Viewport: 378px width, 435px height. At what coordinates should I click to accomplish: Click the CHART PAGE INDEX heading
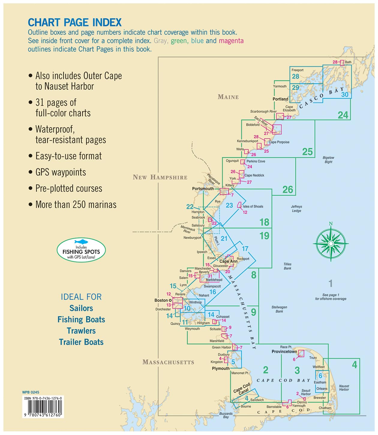coord(75,22)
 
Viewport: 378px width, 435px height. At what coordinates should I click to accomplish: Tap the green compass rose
coord(331,243)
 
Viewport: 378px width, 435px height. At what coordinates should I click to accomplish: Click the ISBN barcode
coord(43,409)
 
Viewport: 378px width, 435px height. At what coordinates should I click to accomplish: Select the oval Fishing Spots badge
coord(81,250)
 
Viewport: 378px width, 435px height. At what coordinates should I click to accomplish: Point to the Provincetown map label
coord(284,351)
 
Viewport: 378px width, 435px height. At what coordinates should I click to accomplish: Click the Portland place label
coord(280,99)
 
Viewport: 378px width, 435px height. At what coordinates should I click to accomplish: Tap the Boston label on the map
coord(161,300)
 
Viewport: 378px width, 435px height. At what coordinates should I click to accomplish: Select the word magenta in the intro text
coord(231,41)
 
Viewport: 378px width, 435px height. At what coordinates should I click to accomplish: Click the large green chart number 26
coord(287,190)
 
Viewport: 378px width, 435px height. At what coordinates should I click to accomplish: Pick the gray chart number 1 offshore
coord(330,283)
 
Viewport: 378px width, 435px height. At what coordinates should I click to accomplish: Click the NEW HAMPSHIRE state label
coord(160,177)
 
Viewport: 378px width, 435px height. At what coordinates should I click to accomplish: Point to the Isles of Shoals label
coord(253,206)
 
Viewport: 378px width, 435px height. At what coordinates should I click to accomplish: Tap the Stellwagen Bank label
coord(279,309)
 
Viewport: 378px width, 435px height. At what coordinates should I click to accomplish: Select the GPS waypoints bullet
coord(61,172)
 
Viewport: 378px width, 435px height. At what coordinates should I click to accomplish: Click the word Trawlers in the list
coord(81,331)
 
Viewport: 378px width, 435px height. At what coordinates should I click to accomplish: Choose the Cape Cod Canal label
coord(242,389)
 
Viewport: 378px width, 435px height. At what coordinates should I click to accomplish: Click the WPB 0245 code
coord(31,392)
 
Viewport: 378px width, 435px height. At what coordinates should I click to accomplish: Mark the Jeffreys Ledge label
coord(296,208)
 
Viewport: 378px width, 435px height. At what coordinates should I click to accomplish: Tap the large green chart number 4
coord(354,365)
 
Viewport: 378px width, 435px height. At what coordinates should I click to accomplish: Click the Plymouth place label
coord(220,368)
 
